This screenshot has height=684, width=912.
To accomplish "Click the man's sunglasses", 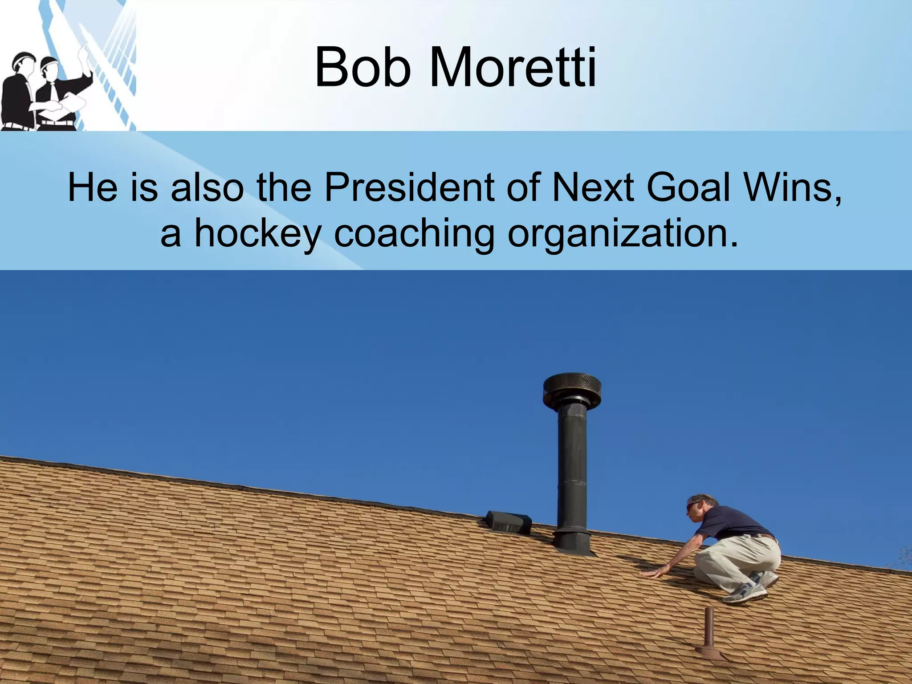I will (x=693, y=506).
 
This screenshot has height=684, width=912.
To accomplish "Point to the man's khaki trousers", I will (x=739, y=557).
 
